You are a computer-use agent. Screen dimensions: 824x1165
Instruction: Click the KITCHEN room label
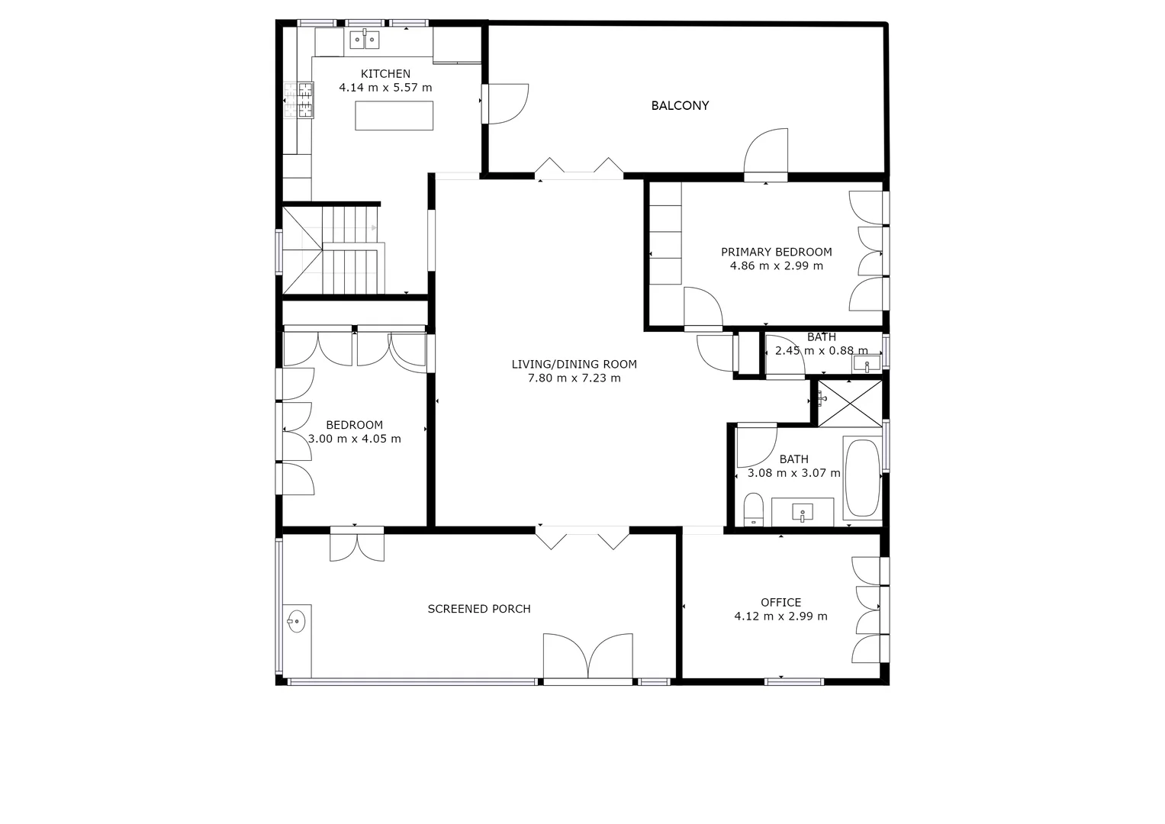(385, 74)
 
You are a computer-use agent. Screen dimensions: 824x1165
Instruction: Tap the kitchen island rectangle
(394, 116)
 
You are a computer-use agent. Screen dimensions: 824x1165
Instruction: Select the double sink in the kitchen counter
(365, 39)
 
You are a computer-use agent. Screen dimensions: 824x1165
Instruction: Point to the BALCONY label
(680, 106)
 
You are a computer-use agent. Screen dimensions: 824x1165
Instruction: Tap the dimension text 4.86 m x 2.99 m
(777, 266)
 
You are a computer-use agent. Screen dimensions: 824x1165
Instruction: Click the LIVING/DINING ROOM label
(574, 365)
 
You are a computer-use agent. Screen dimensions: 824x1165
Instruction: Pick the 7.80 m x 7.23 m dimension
(574, 378)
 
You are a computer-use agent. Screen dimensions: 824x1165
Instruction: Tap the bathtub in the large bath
(862, 478)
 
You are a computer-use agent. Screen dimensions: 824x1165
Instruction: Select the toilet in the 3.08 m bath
(754, 508)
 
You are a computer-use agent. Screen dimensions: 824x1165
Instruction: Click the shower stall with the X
(849, 404)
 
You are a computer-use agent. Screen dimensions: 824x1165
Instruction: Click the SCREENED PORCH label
(479, 609)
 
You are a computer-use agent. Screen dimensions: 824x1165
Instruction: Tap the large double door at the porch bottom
(587, 656)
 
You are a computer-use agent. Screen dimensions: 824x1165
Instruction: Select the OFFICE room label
(780, 603)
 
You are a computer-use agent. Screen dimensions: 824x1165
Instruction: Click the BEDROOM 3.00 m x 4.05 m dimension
(355, 439)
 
